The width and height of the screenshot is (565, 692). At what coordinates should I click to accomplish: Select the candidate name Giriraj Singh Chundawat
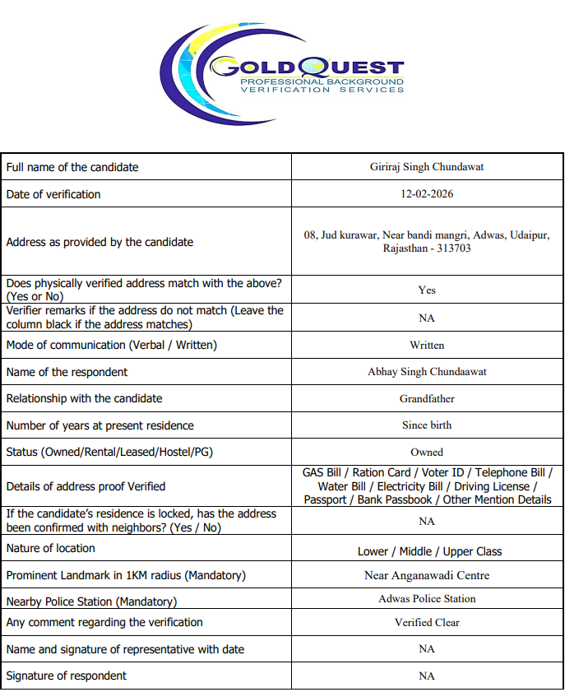(x=427, y=167)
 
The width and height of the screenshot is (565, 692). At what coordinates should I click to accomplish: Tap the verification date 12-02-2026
(x=427, y=194)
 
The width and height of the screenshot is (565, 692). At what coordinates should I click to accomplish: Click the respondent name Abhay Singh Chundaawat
(x=427, y=372)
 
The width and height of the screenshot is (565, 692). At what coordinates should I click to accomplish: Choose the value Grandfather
(x=427, y=399)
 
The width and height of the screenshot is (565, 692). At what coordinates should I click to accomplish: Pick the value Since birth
(x=427, y=425)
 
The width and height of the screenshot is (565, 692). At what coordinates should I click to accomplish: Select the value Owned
(x=427, y=453)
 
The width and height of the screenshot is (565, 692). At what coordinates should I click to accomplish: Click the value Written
(x=427, y=346)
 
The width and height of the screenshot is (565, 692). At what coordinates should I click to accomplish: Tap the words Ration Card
(x=381, y=473)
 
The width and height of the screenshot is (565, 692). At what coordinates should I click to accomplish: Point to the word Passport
(x=326, y=499)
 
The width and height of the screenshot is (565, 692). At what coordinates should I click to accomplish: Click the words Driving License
(x=492, y=486)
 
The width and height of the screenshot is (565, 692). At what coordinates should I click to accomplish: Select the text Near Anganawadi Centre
(x=427, y=576)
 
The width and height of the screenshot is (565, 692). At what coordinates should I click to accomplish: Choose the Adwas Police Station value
(x=427, y=599)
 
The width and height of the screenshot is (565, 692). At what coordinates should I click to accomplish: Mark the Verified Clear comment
(x=427, y=623)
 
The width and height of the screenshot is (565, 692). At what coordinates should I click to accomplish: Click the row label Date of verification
(x=53, y=194)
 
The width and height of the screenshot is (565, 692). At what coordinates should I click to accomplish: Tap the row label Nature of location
(x=50, y=548)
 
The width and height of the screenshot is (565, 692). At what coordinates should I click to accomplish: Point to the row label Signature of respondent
(x=67, y=676)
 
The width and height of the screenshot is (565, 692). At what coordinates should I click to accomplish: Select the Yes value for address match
(x=427, y=290)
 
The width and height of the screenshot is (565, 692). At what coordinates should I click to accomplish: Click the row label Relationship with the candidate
(x=84, y=398)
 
